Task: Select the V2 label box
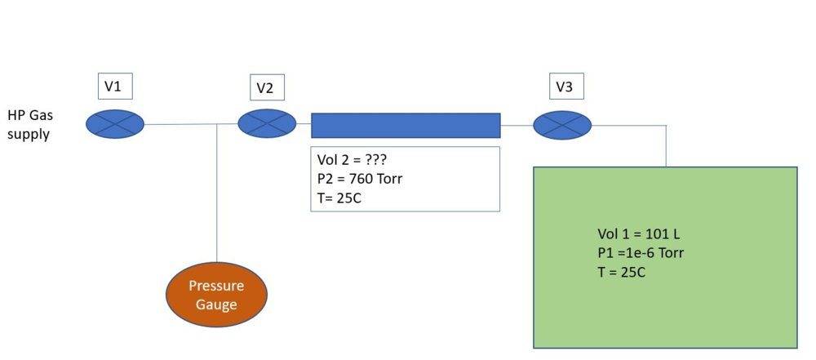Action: [266, 88]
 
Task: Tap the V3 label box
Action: [565, 86]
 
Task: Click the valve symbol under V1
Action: [115, 124]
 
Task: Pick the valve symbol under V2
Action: [267, 124]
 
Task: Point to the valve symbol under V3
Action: [562, 125]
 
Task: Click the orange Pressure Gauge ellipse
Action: [216, 296]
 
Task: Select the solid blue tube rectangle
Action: [406, 125]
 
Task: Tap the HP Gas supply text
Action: [29, 125]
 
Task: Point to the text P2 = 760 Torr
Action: [360, 179]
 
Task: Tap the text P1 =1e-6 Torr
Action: [641, 253]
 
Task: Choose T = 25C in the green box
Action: [621, 272]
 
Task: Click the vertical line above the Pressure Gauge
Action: [216, 196]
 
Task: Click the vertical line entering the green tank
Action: [666, 147]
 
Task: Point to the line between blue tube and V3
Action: [517, 125]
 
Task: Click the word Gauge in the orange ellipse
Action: [216, 305]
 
